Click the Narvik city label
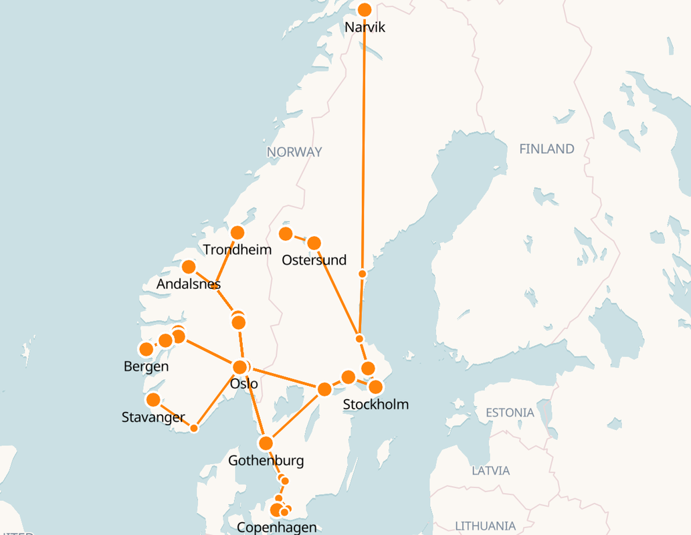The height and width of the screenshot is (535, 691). pos(365,27)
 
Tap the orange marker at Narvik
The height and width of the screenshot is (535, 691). pos(365,9)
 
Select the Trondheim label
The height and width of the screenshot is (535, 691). pos(237,250)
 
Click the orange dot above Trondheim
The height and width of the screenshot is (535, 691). pos(237,233)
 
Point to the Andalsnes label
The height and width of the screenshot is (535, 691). pos(189,284)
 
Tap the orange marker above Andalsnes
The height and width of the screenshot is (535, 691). pos(189,267)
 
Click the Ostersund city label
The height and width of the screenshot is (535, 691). pos(314,260)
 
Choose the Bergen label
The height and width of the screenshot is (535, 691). pos(146,366)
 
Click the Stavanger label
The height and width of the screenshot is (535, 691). pos(153,417)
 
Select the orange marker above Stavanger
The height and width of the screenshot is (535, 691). pos(153,400)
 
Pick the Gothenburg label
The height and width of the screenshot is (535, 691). pos(266,461)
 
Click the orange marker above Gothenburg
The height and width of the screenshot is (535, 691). pos(266,443)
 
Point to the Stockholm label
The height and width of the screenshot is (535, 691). pos(375,405)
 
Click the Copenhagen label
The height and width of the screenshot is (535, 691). pos(277,528)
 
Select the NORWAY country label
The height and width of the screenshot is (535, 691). pos(294,152)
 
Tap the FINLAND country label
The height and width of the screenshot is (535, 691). pos(547,149)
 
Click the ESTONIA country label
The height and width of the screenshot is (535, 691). pos(510,413)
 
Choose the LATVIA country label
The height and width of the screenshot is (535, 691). pos(490,471)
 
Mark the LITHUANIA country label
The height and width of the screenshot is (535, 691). pos(485,526)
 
